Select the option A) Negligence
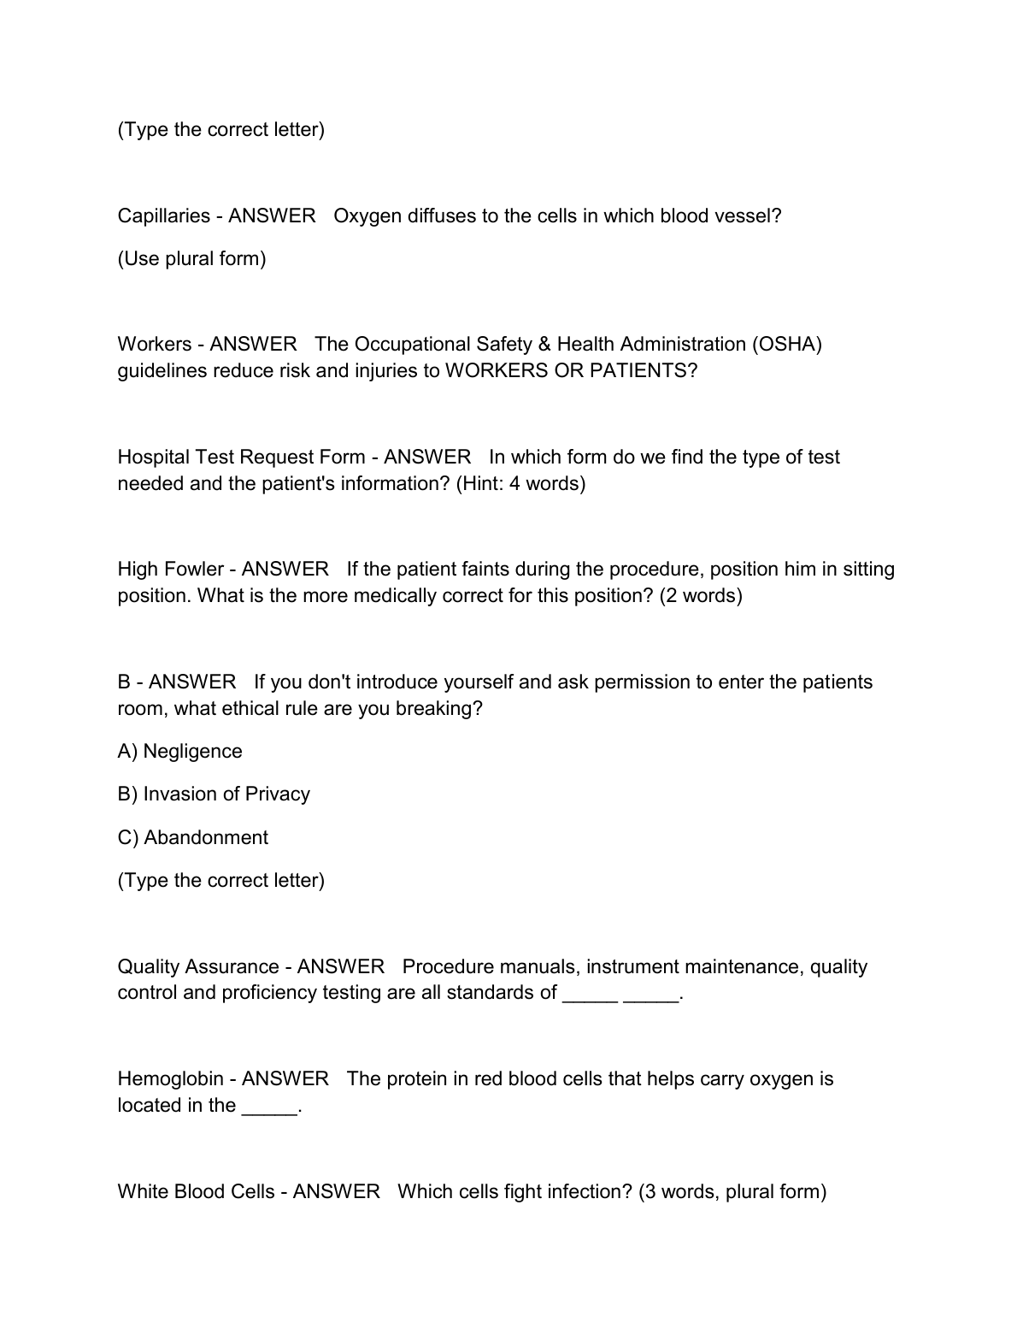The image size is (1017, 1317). [x=179, y=751]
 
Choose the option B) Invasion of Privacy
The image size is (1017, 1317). [x=214, y=794]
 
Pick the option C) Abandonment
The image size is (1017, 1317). [x=192, y=837]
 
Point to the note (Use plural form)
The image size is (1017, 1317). [x=191, y=258]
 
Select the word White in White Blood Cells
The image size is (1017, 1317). [x=143, y=1191]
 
